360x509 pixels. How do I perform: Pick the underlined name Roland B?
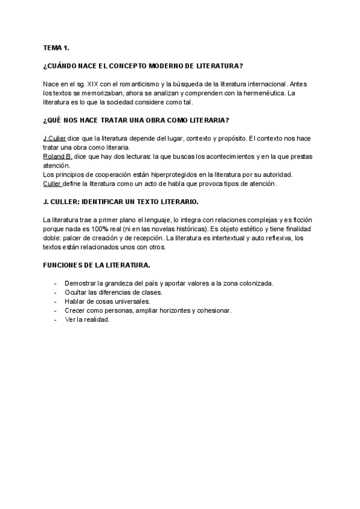click(x=58, y=156)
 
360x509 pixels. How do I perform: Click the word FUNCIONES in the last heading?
click(x=67, y=265)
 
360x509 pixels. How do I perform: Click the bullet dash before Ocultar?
click(x=55, y=292)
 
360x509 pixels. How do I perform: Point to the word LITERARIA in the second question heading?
click(x=208, y=120)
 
